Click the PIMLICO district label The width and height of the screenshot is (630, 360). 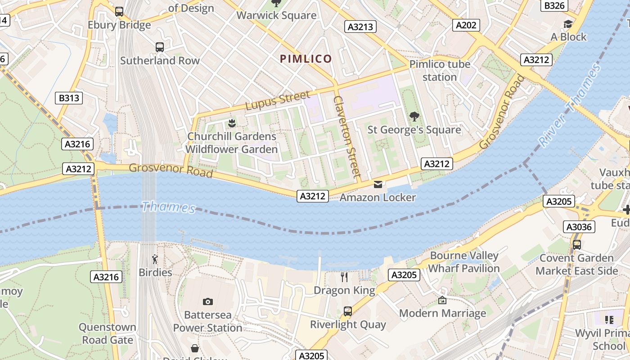306,58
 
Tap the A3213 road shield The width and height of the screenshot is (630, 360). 361,27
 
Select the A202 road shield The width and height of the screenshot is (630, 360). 466,25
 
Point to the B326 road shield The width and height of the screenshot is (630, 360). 554,5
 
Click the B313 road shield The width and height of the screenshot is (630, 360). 69,98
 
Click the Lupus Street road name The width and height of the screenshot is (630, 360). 278,100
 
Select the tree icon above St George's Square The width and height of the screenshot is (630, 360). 414,117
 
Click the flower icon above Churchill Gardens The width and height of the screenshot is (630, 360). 232,123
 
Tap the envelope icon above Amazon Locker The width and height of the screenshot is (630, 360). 378,184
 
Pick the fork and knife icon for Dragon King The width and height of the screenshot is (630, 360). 344,277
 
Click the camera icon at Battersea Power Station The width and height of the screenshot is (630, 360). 207,301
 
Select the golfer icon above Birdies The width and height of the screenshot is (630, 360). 155,259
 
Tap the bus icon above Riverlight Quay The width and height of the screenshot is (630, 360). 347,311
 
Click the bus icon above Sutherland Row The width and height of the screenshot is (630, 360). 159,47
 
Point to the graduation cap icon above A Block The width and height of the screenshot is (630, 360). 568,24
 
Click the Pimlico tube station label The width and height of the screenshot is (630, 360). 440,71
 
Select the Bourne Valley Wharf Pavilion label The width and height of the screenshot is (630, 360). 464,262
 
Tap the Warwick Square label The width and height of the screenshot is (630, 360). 276,15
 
